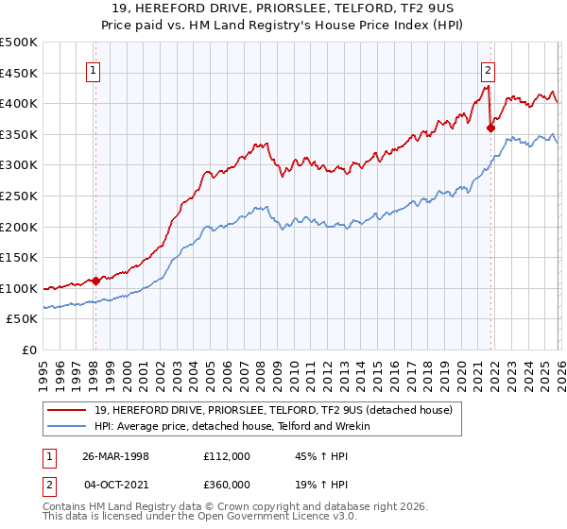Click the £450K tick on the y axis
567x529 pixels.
pyautogui.click(x=20, y=73)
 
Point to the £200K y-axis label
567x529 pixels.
pyautogui.click(x=20, y=227)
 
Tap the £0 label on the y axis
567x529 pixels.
pyautogui.click(x=30, y=350)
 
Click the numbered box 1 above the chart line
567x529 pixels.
pyautogui.click(x=94, y=69)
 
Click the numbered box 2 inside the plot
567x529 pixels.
pyautogui.click(x=488, y=69)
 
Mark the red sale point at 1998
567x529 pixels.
pyautogui.click(x=96, y=281)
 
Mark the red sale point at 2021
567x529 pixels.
pyautogui.click(x=490, y=128)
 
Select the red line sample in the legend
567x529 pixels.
pyautogui.click(x=68, y=410)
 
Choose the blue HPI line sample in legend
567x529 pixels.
pyautogui.click(x=68, y=426)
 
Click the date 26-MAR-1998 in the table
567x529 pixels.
pyautogui.click(x=116, y=455)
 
